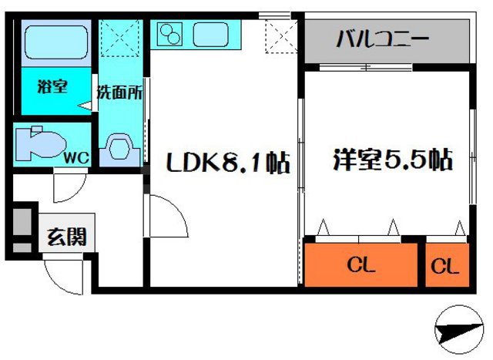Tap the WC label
[x=77, y=157]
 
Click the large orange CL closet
[x=362, y=267]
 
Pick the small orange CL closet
[x=445, y=267]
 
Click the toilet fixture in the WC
[x=42, y=143]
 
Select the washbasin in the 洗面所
[x=120, y=145]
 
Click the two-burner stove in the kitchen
[x=170, y=33]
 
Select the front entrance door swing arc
[x=64, y=274]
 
